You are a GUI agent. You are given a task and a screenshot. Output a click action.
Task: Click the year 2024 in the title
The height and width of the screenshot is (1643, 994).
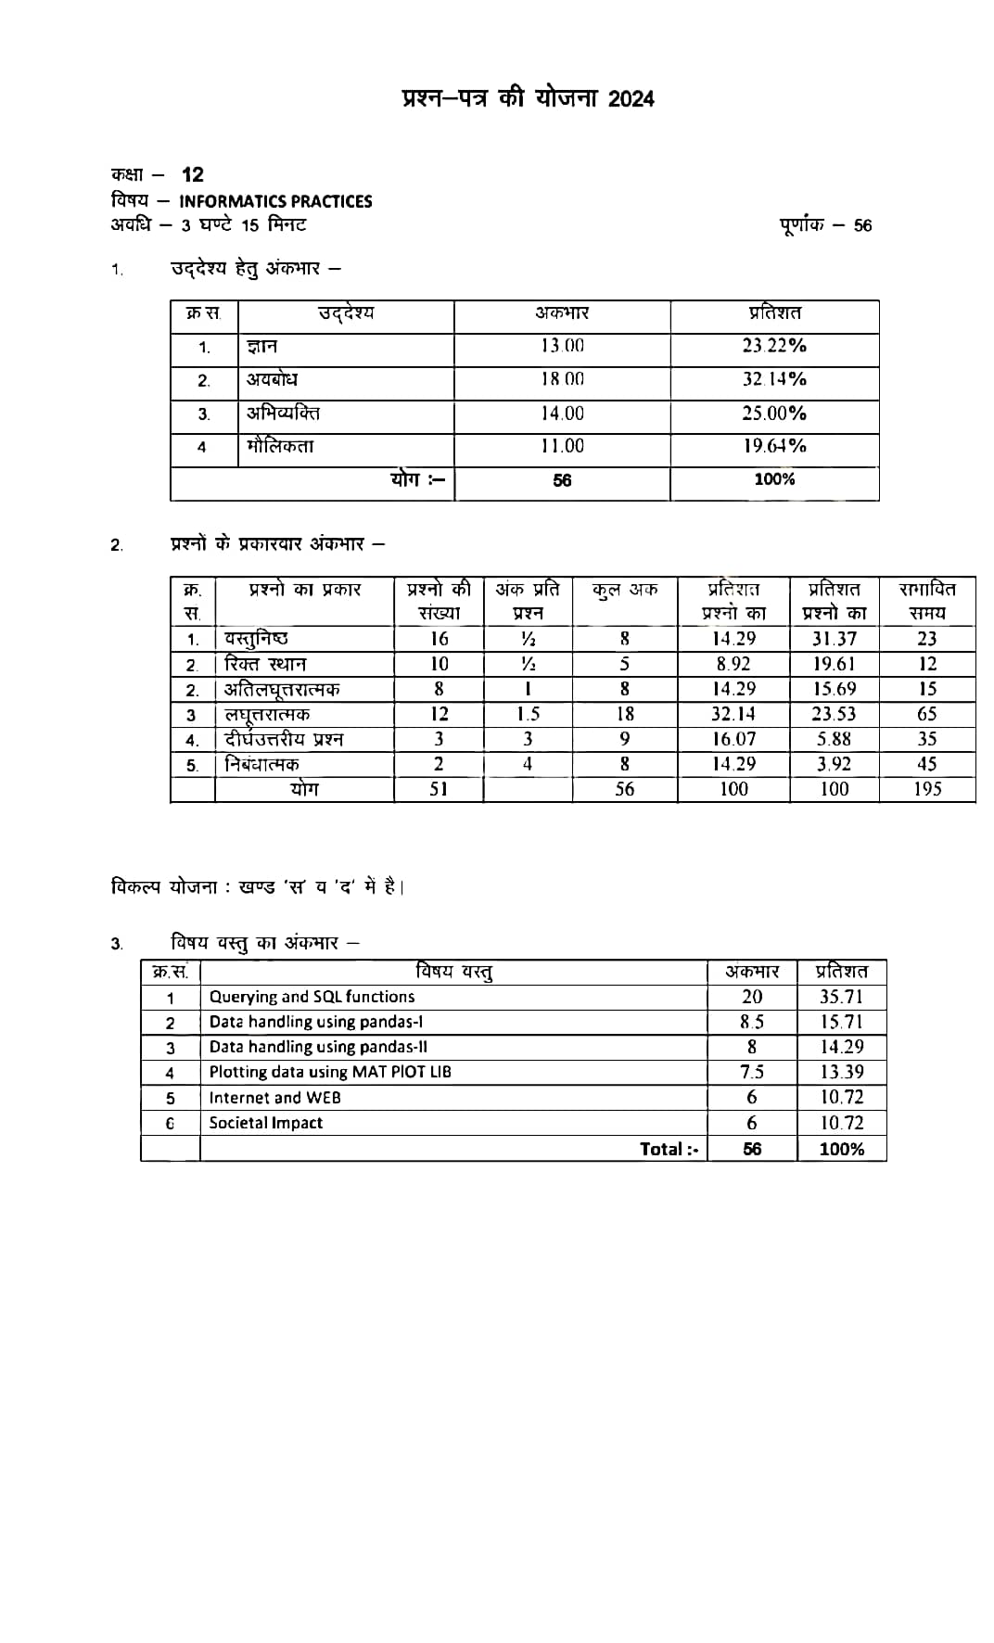tap(631, 99)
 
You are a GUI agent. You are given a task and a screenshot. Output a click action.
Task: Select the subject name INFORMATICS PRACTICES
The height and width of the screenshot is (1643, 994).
tap(275, 201)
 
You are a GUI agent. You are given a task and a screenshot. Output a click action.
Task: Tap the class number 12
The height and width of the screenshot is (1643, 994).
tap(193, 174)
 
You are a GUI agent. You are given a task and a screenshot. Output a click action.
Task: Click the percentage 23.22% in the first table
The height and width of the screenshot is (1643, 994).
tap(774, 346)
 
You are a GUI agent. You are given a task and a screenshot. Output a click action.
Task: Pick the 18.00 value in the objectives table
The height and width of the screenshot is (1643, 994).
tap(563, 379)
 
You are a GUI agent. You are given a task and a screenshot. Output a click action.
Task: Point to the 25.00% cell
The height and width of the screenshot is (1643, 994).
tap(774, 413)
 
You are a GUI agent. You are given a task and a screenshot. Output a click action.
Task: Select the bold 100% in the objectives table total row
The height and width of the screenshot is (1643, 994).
tap(774, 479)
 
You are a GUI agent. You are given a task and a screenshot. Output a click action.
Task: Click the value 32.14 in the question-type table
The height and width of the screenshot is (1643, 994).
tap(733, 714)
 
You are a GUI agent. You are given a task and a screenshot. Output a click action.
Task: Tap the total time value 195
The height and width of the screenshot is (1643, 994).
tap(927, 789)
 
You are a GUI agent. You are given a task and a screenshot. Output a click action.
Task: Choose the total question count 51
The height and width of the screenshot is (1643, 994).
tap(439, 789)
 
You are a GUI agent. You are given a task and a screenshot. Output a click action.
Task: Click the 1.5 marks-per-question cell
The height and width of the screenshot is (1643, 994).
tap(528, 714)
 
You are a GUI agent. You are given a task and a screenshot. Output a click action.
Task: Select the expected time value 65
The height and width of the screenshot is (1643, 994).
tap(927, 714)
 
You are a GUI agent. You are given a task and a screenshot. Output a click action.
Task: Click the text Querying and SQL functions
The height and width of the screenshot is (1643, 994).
tap(312, 997)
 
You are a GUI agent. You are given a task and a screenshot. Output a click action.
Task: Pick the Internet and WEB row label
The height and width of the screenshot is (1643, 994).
tap(274, 1098)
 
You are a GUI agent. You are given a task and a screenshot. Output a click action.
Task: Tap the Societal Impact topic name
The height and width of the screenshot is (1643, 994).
tap(266, 1123)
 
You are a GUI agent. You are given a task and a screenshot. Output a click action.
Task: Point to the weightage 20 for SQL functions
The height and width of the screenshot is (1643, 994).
tap(752, 997)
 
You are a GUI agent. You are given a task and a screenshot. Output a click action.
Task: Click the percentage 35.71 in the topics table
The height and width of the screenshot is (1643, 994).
tap(842, 997)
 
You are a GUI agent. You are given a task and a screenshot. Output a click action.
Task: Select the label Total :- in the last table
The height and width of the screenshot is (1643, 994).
tap(669, 1149)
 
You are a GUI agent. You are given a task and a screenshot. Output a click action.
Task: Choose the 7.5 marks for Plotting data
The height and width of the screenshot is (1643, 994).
tap(752, 1072)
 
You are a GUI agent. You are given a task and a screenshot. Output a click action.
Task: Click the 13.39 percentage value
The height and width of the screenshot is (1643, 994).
tap(842, 1072)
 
